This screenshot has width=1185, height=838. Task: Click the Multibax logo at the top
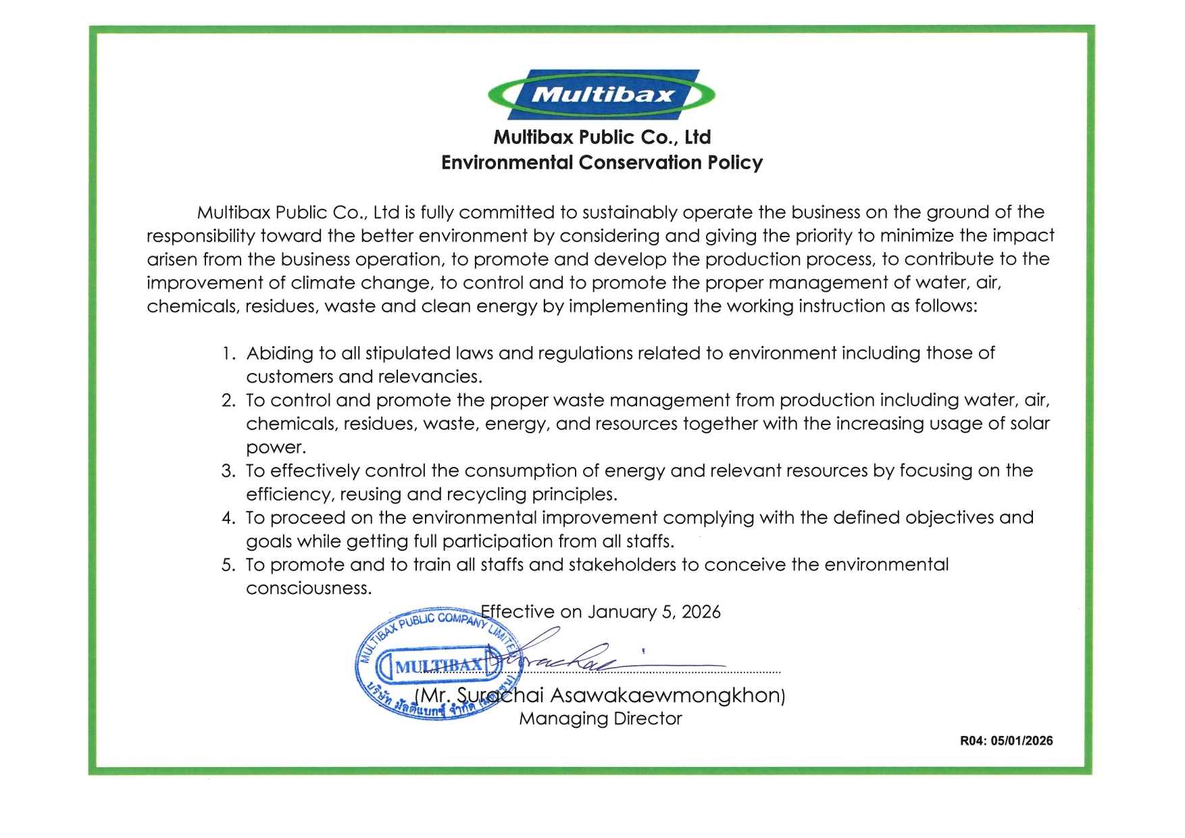pos(601,95)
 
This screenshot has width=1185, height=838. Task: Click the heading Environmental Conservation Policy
pos(601,163)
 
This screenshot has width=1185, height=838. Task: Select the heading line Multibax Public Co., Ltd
pos(601,137)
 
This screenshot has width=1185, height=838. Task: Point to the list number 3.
pos(228,471)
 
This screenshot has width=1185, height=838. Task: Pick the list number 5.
pos(228,565)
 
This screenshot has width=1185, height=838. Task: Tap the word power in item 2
pos(275,447)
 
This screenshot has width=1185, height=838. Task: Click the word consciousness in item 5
pos(308,589)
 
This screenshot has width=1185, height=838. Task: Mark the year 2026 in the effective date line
pos(701,612)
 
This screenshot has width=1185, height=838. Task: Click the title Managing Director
pos(600,718)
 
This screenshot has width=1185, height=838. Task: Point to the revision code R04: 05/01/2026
pos(1006,741)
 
